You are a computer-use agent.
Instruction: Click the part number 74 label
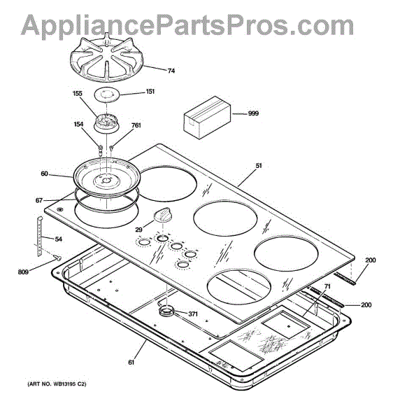(171, 71)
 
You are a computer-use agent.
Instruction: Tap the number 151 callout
(150, 91)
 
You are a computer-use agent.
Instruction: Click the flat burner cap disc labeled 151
(106, 95)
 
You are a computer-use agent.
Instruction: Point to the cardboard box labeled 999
(207, 118)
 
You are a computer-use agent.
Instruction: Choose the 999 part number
(253, 113)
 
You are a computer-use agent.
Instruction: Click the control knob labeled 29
(163, 215)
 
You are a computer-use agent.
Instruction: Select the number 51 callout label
(259, 165)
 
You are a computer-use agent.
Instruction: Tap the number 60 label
(45, 174)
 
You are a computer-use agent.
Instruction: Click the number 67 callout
(39, 200)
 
